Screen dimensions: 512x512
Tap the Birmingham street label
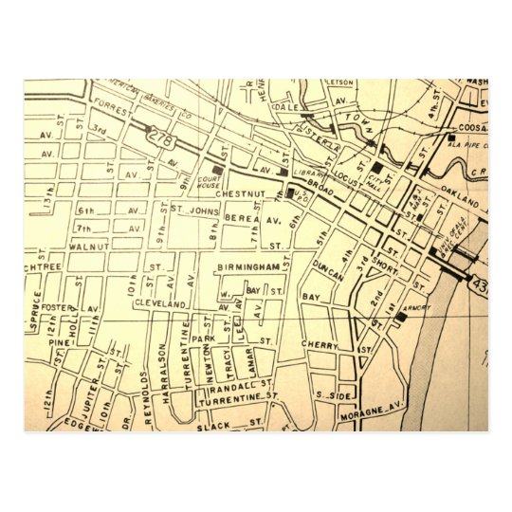coord(248,267)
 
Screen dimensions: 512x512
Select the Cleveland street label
coord(158,303)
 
